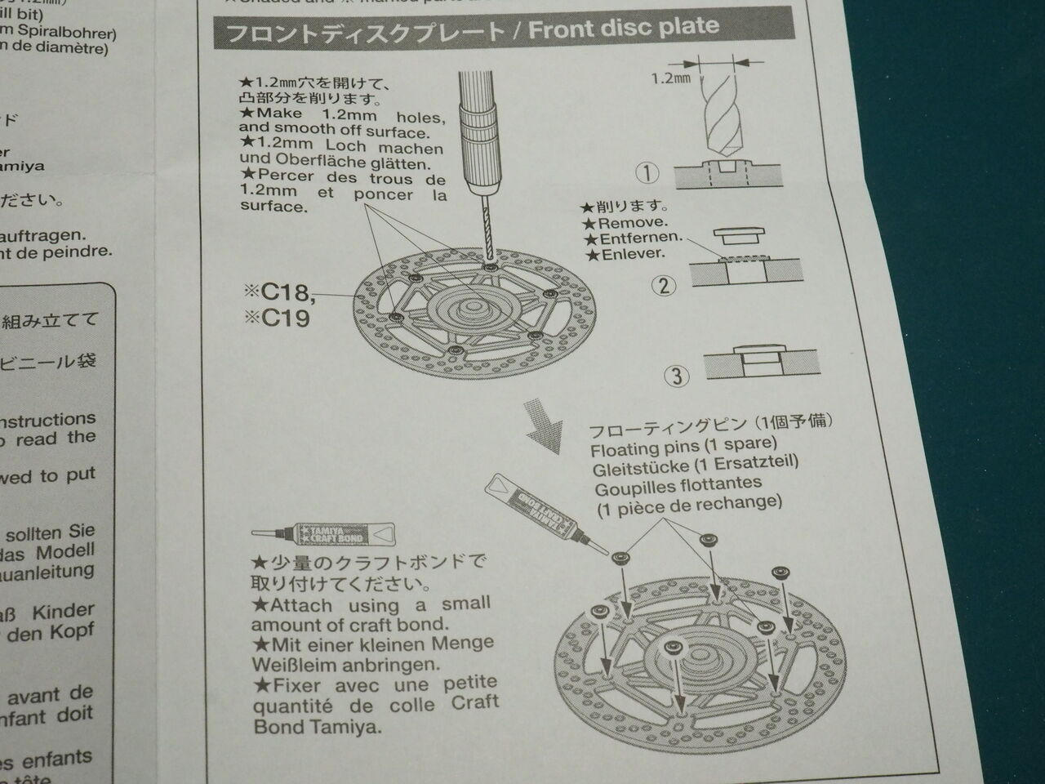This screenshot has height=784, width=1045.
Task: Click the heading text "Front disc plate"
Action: (x=624, y=29)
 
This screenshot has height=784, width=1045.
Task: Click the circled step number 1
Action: (x=647, y=172)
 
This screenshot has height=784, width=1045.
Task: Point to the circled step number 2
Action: (x=664, y=285)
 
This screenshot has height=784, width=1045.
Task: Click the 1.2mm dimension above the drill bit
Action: (x=670, y=78)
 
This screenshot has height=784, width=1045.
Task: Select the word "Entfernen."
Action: (x=640, y=238)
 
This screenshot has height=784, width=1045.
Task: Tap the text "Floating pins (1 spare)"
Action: (x=683, y=446)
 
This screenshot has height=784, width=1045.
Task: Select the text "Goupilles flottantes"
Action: (x=678, y=486)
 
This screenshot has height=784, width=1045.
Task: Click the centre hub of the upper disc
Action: (x=474, y=308)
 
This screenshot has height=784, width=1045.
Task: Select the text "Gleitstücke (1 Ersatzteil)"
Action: (x=695, y=465)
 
